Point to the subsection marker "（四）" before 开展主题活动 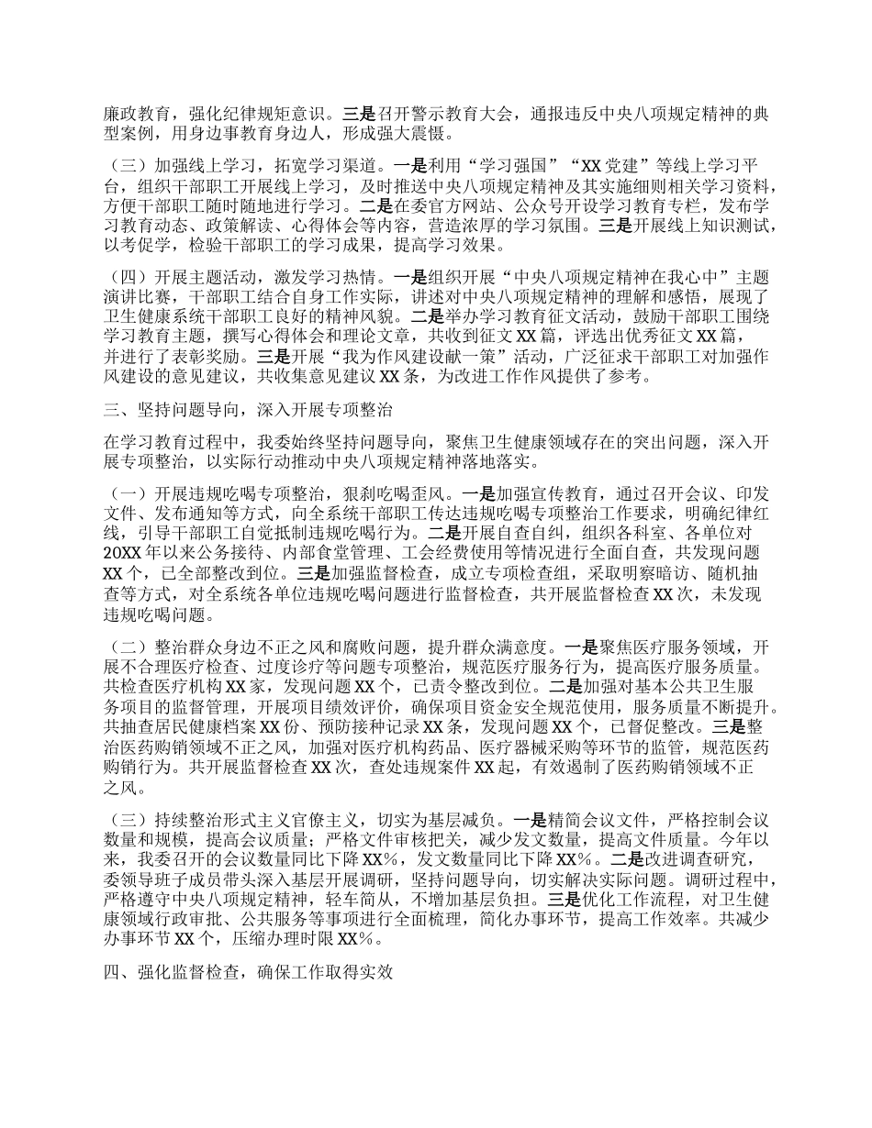[127, 275]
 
